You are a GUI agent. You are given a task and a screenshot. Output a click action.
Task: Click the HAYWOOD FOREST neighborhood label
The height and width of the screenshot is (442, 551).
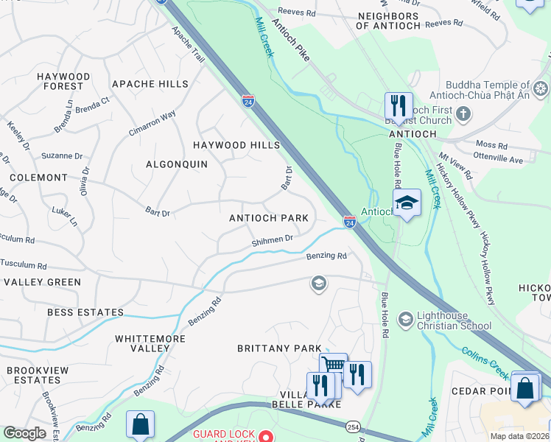[x=63, y=81]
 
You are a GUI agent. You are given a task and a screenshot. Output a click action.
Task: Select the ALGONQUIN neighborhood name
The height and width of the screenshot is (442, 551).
[x=177, y=164]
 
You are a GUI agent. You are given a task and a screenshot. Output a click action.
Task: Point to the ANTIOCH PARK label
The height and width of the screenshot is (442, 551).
[x=269, y=218]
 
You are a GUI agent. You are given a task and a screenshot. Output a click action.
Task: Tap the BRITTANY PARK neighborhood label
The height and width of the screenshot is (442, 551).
[x=279, y=348]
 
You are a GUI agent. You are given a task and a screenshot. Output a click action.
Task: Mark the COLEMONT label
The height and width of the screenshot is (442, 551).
[x=38, y=178]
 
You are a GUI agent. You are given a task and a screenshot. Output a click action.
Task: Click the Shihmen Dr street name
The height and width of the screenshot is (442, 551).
[x=273, y=239]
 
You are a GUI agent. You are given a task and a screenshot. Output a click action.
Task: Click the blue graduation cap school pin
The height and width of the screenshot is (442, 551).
[x=406, y=203]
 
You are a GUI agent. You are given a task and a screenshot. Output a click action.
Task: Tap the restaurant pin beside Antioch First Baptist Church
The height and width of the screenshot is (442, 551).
[x=399, y=105]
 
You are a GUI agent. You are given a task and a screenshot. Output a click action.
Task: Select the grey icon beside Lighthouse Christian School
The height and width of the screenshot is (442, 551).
[x=405, y=319]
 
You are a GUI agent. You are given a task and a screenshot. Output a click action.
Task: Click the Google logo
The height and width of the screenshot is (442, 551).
[x=24, y=433]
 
